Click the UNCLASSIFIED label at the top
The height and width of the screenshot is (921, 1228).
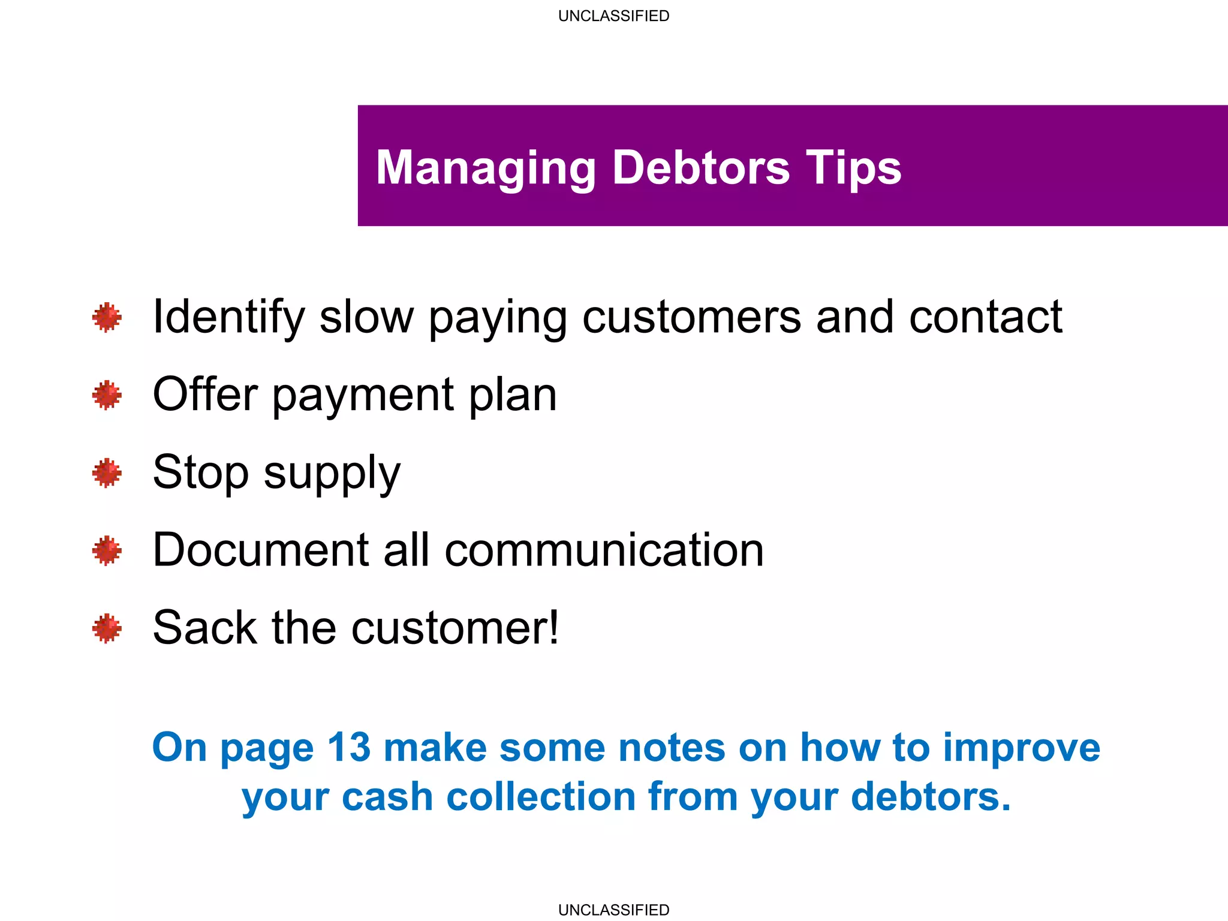613,16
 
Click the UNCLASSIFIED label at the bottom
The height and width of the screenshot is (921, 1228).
613,910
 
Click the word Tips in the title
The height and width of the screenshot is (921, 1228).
853,168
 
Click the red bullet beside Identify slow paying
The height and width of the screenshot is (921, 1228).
107,317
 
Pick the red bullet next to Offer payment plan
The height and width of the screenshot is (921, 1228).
107,395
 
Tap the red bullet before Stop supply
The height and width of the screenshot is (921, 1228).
107,473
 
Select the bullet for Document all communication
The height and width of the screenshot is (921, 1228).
107,550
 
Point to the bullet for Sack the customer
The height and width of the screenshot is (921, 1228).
107,628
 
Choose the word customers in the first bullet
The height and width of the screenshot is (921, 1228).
691,317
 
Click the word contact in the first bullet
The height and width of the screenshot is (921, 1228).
985,317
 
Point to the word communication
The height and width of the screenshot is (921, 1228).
604,550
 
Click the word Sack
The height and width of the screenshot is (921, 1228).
204,628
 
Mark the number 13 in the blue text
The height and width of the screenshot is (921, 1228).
349,748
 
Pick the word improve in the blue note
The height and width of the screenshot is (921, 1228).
1021,749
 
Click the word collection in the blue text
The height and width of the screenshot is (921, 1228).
541,797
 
